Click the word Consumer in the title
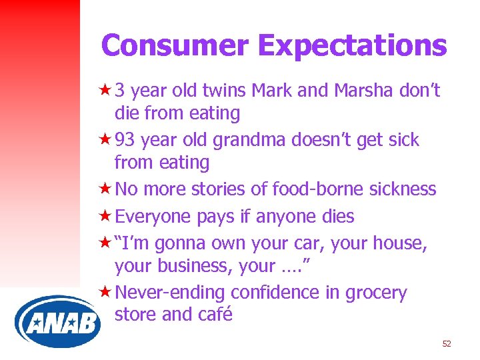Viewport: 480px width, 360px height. pos(175,45)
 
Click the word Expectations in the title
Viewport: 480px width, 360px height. pos(352,45)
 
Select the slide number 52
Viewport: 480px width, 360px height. pos(447,344)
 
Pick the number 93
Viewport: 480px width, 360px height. pos(126,140)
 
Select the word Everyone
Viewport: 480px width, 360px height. pos(153,217)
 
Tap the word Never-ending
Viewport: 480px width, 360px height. pos(170,293)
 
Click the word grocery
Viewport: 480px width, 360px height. pos(376,293)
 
